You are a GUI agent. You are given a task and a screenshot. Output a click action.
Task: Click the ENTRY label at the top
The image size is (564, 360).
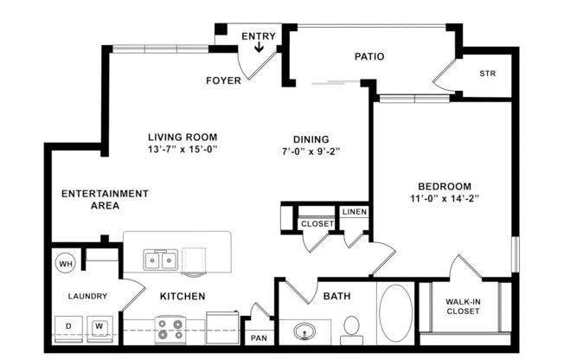[x=259, y=35]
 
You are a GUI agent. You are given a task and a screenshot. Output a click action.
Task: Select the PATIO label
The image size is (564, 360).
[x=369, y=57]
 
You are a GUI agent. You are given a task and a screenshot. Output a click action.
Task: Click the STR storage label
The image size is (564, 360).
[x=487, y=74]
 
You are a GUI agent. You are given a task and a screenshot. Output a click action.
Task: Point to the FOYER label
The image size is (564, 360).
[x=222, y=81]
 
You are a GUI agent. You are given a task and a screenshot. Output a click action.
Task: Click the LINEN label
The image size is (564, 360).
[x=353, y=212]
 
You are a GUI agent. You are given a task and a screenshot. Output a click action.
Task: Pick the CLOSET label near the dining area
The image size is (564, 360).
[x=317, y=224]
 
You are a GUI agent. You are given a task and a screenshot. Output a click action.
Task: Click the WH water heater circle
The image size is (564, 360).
[x=66, y=262]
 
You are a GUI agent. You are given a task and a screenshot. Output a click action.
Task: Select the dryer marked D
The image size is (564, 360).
[x=67, y=326]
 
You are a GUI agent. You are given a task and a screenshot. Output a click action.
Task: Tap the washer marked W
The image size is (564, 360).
[x=99, y=326]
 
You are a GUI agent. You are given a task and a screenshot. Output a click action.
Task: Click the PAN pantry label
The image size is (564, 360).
[x=259, y=337]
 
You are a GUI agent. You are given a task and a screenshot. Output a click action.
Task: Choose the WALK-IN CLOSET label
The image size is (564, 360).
[x=464, y=307]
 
